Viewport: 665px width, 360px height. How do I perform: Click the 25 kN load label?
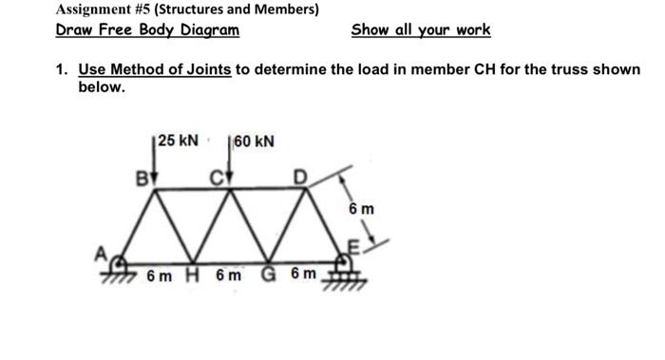[x=179, y=141]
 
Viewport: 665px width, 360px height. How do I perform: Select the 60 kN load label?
[x=255, y=142]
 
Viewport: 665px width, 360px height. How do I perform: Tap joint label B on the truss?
[x=145, y=177]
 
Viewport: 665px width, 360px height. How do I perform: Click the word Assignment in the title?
[x=96, y=9]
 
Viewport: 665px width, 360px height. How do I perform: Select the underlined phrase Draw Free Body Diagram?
[x=147, y=29]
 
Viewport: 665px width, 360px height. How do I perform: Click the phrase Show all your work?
[x=421, y=29]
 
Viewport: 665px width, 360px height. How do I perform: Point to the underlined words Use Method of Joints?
[x=155, y=70]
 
